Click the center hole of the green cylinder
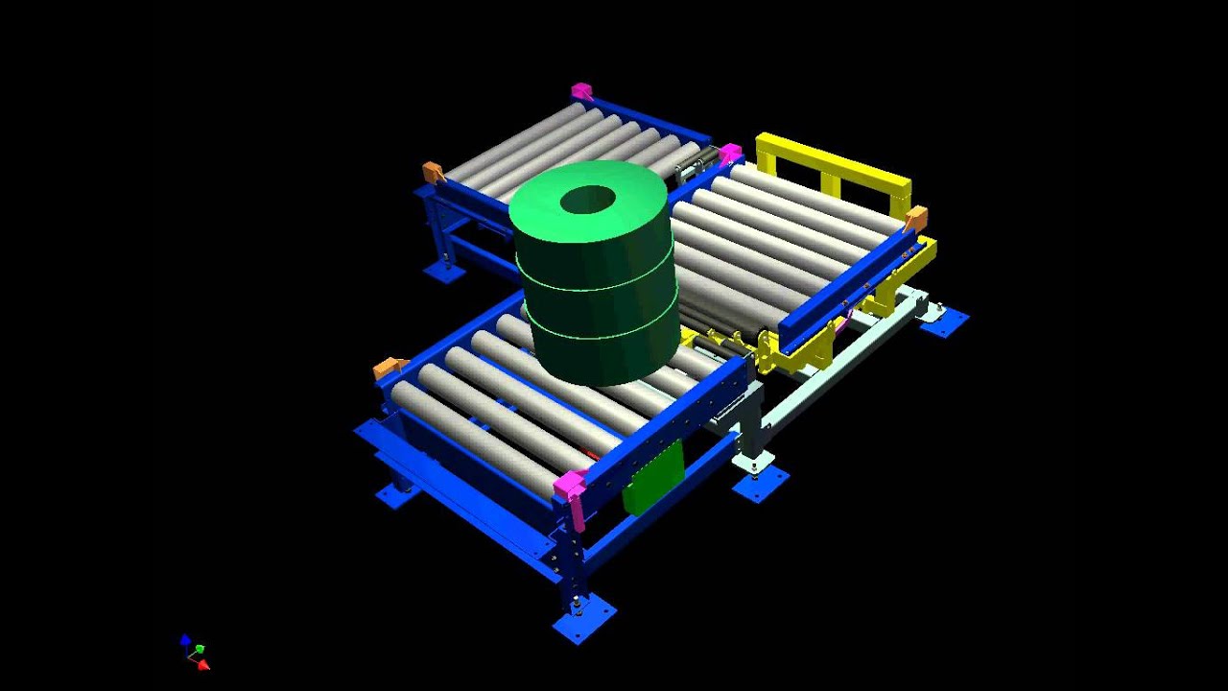point(587,201)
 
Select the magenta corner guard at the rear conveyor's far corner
point(581,91)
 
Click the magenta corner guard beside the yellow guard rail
point(730,154)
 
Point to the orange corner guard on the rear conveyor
point(434,172)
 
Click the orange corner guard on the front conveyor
point(389,367)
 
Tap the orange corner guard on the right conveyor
point(916,218)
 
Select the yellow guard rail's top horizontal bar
point(833,160)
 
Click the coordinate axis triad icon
point(195,652)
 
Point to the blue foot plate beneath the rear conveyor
point(444,272)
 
